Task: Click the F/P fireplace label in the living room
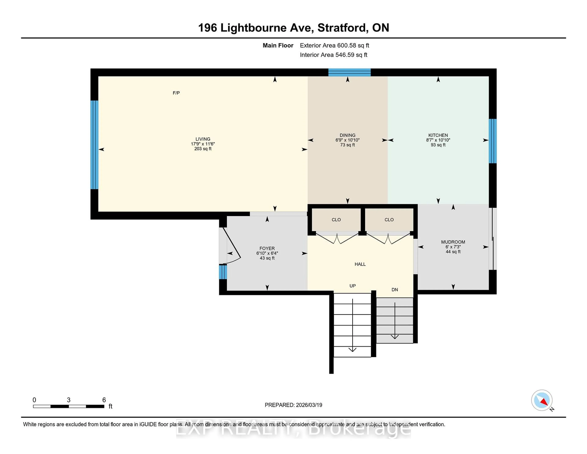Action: click(176, 93)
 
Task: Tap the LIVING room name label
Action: click(203, 139)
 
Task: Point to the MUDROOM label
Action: click(453, 242)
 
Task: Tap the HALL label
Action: click(360, 264)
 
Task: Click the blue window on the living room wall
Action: click(94, 145)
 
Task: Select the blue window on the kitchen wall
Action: click(492, 141)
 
